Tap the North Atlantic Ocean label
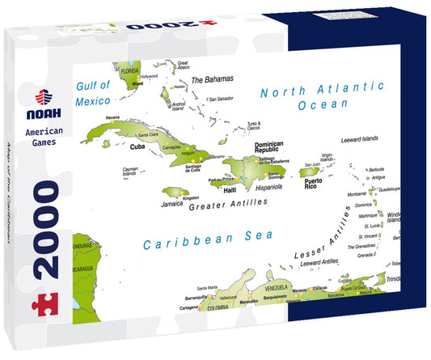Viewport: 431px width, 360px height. (322, 94)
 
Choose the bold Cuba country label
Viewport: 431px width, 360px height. (137, 148)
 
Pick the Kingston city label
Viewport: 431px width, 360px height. (191, 197)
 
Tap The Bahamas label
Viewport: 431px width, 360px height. (212, 79)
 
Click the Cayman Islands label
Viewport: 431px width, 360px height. (129, 172)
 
